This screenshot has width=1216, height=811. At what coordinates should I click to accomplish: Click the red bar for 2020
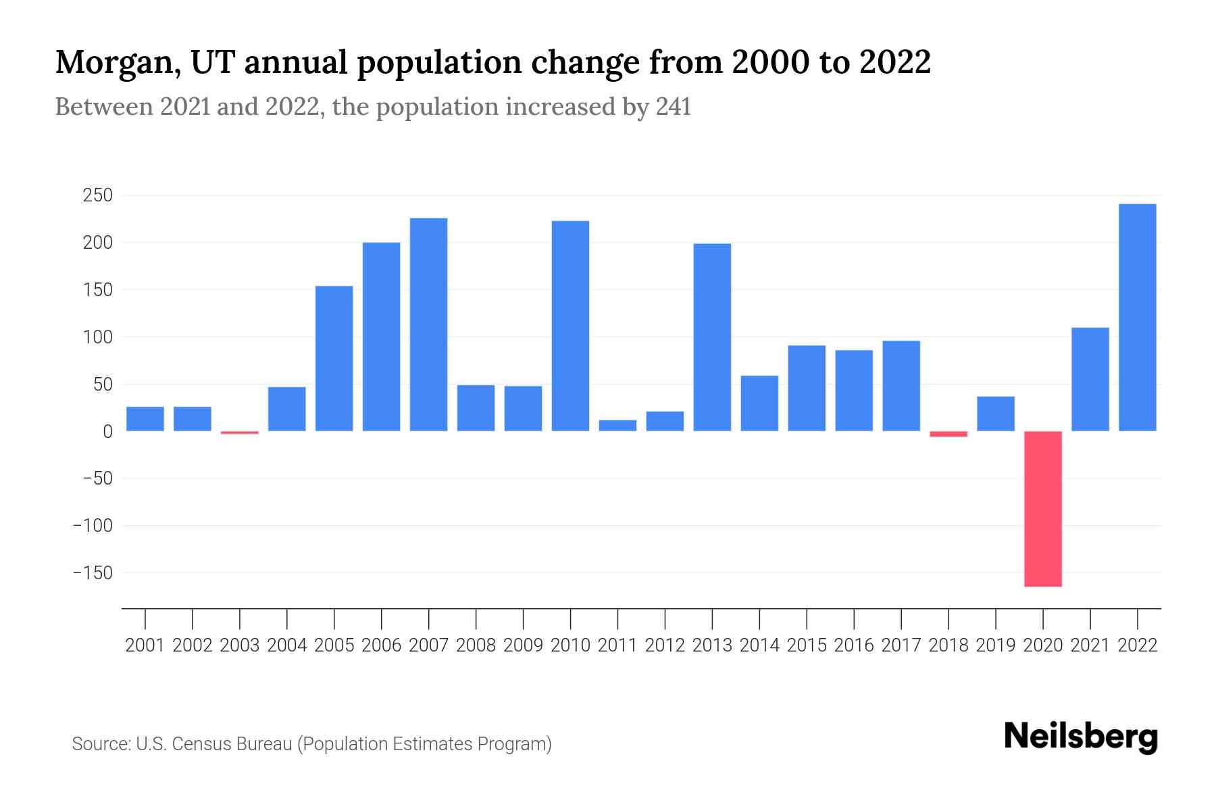(x=1042, y=508)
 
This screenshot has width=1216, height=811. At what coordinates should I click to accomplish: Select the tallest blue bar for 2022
(x=1137, y=318)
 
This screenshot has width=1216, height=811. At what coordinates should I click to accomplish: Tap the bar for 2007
(x=428, y=324)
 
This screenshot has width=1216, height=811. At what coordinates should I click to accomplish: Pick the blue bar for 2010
(x=570, y=326)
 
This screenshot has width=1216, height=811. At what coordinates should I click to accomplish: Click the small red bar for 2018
(x=948, y=434)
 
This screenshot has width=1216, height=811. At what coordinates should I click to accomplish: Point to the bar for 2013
(x=712, y=337)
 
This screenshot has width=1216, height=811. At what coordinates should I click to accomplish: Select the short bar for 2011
(x=617, y=426)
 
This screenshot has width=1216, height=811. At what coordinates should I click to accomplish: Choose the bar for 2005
(x=334, y=358)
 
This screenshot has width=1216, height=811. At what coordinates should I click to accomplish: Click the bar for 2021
(x=1090, y=379)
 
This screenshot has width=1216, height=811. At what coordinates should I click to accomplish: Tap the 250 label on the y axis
(x=97, y=196)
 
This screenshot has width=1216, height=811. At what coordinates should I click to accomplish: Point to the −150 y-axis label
(x=93, y=573)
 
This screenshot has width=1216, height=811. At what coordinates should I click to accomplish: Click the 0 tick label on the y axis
(x=107, y=431)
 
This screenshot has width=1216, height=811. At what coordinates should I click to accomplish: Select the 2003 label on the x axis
(x=240, y=645)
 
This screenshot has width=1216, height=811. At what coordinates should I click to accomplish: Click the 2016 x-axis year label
(x=854, y=645)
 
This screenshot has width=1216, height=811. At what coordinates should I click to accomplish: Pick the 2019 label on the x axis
(x=996, y=645)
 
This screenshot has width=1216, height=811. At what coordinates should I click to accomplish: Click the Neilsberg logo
(x=1080, y=737)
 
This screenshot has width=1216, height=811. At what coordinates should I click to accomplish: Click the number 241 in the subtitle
(x=673, y=107)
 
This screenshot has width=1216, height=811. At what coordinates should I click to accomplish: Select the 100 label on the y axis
(x=97, y=337)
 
